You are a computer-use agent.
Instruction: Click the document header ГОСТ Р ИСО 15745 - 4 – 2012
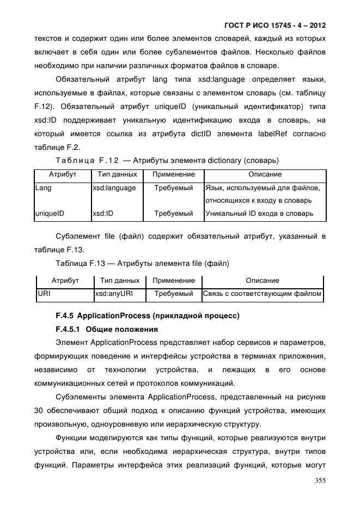pyautogui.click(x=275, y=26)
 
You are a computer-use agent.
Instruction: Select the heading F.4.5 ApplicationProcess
pyautogui.click(x=147, y=315)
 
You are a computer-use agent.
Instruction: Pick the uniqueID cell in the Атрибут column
pyautogui.click(x=49, y=214)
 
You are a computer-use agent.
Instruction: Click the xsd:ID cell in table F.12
pyautogui.click(x=103, y=214)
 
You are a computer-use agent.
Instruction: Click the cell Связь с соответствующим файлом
pyautogui.click(x=262, y=294)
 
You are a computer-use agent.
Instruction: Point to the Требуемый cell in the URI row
pyautogui.click(x=174, y=294)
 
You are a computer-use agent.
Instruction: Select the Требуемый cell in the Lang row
pyautogui.click(x=173, y=188)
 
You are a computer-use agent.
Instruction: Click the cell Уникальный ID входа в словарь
pyautogui.click(x=259, y=214)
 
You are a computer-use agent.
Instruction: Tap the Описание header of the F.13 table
pyautogui.click(x=262, y=281)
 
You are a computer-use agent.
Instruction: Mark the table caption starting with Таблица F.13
pyautogui.click(x=142, y=264)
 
